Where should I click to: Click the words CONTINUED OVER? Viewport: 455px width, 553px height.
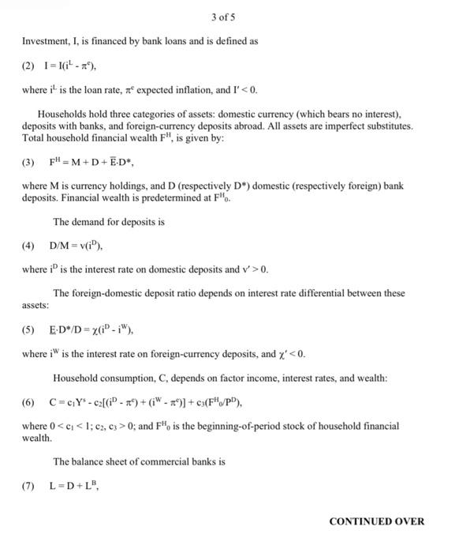[376, 521]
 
